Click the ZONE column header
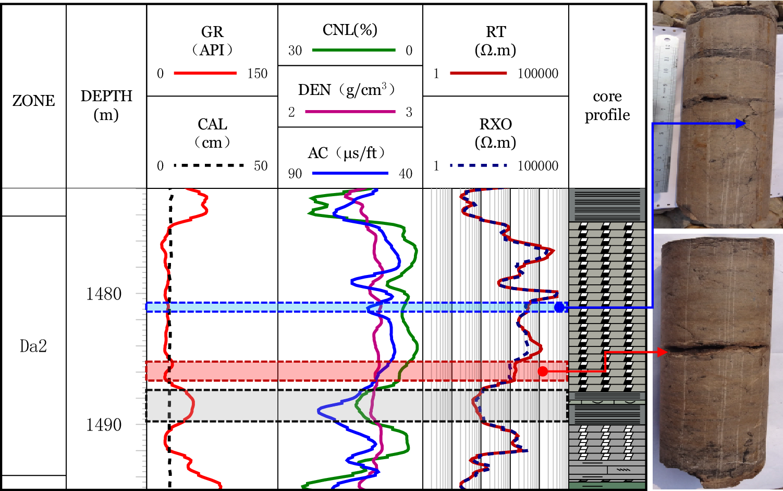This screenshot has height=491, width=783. click(33, 100)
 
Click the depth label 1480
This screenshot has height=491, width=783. click(104, 294)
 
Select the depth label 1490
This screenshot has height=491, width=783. click(104, 425)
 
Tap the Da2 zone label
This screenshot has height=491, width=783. click(33, 346)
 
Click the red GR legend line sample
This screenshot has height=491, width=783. click(205, 73)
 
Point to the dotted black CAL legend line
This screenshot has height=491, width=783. click(209, 165)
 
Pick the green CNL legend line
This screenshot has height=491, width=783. click(353, 50)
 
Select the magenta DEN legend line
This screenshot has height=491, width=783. click(350, 112)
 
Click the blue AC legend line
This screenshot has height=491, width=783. click(350, 173)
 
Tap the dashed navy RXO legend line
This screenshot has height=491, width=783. click(479, 165)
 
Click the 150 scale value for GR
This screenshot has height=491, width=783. click(257, 74)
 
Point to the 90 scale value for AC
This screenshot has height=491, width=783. click(295, 174)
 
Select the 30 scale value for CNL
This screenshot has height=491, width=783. click(295, 51)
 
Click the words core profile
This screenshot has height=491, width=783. click(607, 105)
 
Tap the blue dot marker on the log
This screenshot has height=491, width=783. click(559, 307)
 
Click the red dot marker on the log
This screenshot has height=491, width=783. click(543, 372)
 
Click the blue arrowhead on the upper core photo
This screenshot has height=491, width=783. click(741, 124)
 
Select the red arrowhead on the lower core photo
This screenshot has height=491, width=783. click(663, 352)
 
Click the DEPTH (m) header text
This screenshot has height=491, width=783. click(106, 105)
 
